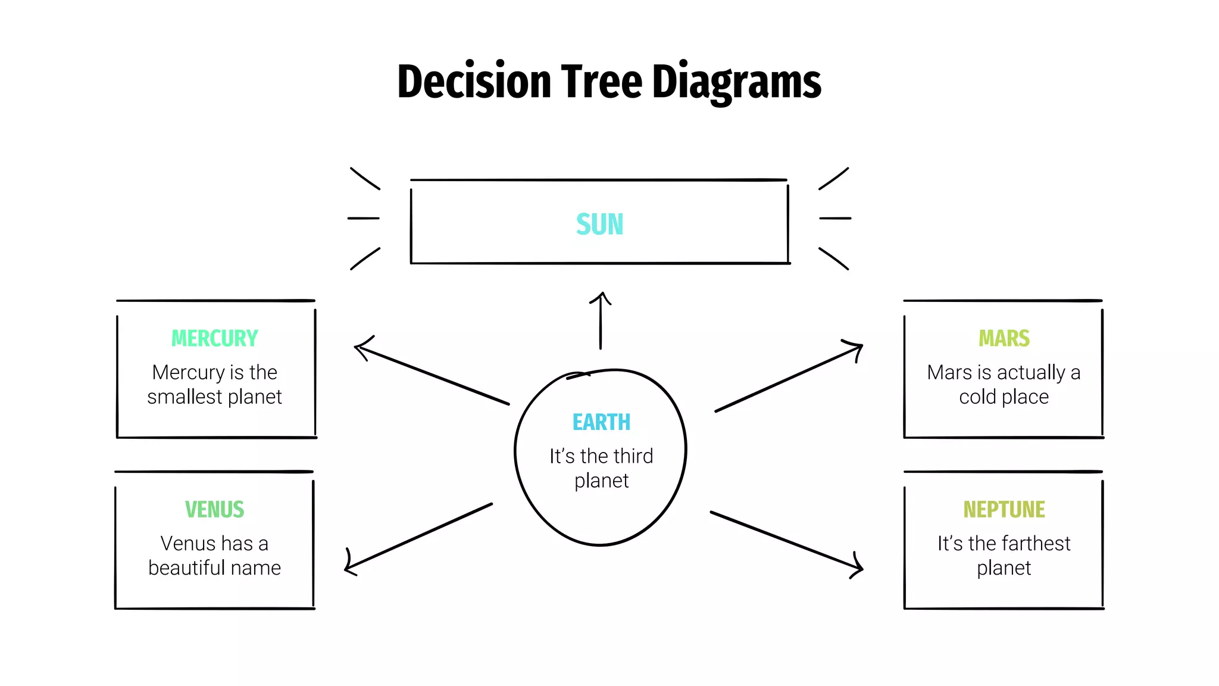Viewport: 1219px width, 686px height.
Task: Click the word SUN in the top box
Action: click(599, 224)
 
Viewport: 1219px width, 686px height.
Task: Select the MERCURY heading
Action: click(214, 338)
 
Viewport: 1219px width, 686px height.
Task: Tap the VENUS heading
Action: click(214, 509)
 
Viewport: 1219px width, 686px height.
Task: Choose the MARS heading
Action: click(1004, 338)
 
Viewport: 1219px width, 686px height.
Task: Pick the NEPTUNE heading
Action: click(1004, 509)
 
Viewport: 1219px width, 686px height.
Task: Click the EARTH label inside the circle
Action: click(601, 422)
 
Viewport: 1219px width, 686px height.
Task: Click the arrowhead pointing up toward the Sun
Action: click(601, 296)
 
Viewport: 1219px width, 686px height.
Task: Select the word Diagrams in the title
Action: click(736, 83)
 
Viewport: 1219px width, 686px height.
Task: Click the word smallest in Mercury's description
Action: click(185, 397)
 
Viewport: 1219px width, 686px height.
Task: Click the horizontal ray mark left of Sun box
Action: click(363, 218)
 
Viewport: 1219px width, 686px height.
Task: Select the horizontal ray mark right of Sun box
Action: click(834, 218)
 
